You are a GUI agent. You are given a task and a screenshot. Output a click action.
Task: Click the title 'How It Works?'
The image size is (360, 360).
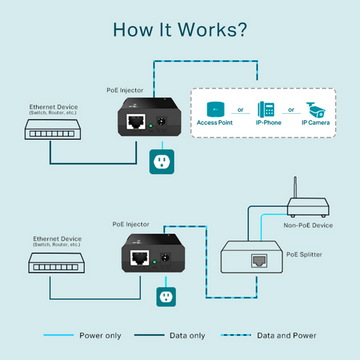point(180,27)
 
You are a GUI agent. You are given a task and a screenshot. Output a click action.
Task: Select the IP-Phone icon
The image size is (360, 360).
point(267,110)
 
